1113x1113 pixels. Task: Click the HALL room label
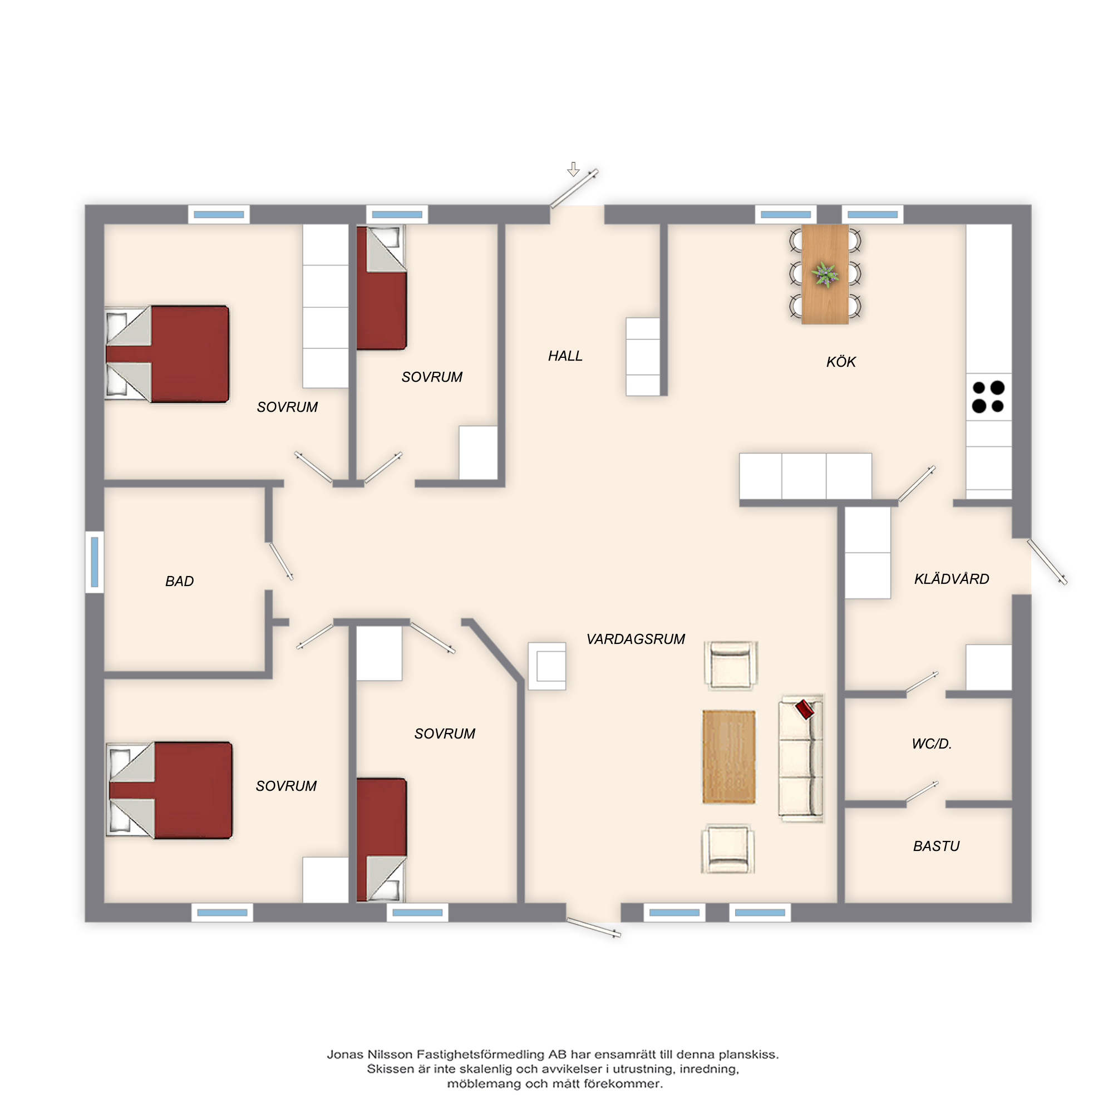[x=565, y=356]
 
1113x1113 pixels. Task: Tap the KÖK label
[x=841, y=362]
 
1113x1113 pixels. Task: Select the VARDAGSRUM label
[x=636, y=639]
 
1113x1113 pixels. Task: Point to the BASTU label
[x=936, y=846]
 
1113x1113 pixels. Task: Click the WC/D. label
[x=932, y=743]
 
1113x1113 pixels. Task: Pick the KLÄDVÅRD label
[x=952, y=579]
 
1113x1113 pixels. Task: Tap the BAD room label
[x=179, y=582]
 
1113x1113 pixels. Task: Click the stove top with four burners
[x=988, y=397]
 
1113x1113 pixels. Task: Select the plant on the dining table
[x=825, y=274]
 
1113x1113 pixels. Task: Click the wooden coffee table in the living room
[x=729, y=757]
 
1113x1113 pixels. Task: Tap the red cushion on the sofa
[x=804, y=709]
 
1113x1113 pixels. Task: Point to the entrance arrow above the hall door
[x=573, y=169]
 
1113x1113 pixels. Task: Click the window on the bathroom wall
[x=95, y=562]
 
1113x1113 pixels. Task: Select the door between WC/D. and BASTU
[x=922, y=792]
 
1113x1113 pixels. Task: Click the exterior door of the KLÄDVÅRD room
[x=1047, y=562]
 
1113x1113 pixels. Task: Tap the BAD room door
[x=281, y=561]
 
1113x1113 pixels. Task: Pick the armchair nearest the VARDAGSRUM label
[x=731, y=666]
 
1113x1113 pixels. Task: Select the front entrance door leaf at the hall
[x=574, y=189]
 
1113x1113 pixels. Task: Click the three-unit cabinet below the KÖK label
[x=805, y=476]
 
